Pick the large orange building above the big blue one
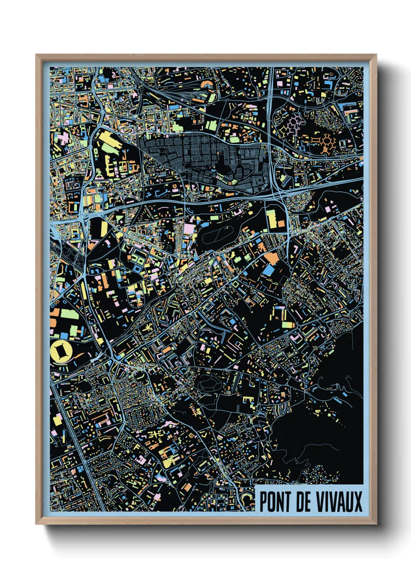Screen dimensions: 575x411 272,258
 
